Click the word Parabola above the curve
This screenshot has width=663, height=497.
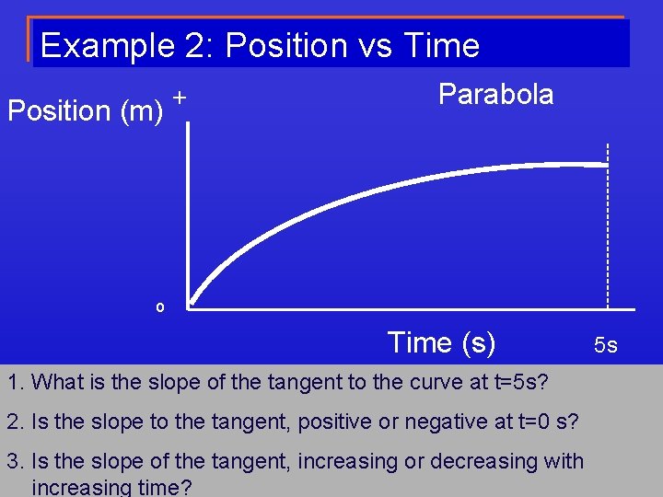[495, 94]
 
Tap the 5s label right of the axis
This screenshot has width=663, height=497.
[605, 345]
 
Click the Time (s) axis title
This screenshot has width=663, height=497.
[441, 342]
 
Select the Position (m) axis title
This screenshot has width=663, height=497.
[85, 110]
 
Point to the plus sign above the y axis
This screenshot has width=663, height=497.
[180, 97]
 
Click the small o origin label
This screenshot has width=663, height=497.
[159, 307]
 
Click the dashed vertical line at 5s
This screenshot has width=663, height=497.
[608, 230]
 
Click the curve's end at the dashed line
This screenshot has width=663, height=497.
[605, 165]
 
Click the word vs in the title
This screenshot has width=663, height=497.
[379, 45]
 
